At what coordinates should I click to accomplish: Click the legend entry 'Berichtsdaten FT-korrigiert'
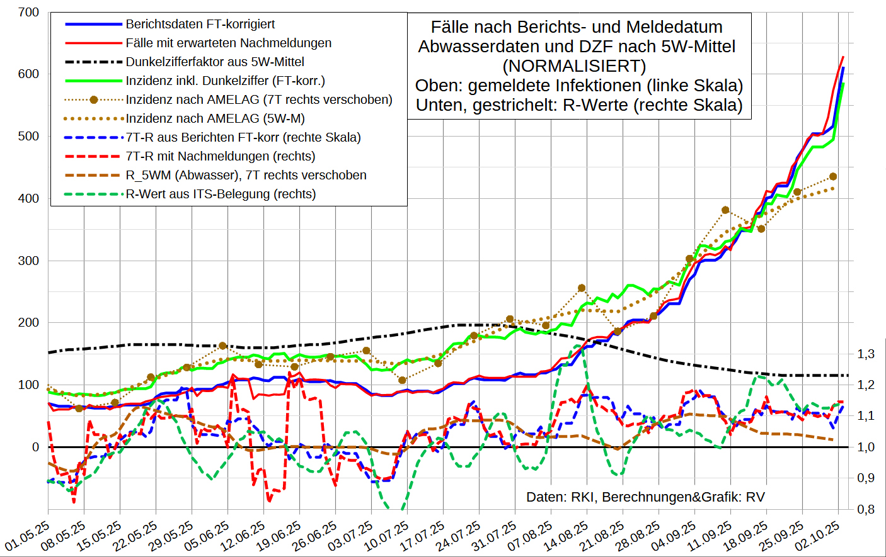point(200,24)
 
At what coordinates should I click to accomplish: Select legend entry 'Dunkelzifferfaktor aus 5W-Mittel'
point(215,62)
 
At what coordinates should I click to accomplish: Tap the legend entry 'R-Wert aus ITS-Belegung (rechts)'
point(221,194)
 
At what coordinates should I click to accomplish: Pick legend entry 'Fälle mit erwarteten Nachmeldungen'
point(228,43)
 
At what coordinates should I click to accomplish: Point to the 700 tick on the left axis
point(28,12)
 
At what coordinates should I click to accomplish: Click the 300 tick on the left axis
point(28,261)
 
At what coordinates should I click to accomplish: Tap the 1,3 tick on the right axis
point(866,354)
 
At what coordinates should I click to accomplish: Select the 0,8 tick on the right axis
point(866,509)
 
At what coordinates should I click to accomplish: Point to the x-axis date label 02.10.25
point(818,535)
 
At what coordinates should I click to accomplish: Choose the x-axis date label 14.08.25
point(567,535)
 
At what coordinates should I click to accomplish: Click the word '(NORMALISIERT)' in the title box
point(574,65)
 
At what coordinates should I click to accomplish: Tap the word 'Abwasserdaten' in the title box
point(475,47)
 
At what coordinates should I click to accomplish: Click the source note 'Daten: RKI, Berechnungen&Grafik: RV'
point(645,497)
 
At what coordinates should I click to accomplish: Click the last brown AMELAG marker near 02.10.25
point(833,177)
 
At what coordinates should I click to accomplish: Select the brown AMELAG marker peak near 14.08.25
point(582,288)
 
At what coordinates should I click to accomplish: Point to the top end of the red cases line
point(843,57)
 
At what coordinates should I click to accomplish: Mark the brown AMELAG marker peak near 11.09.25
point(725,210)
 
